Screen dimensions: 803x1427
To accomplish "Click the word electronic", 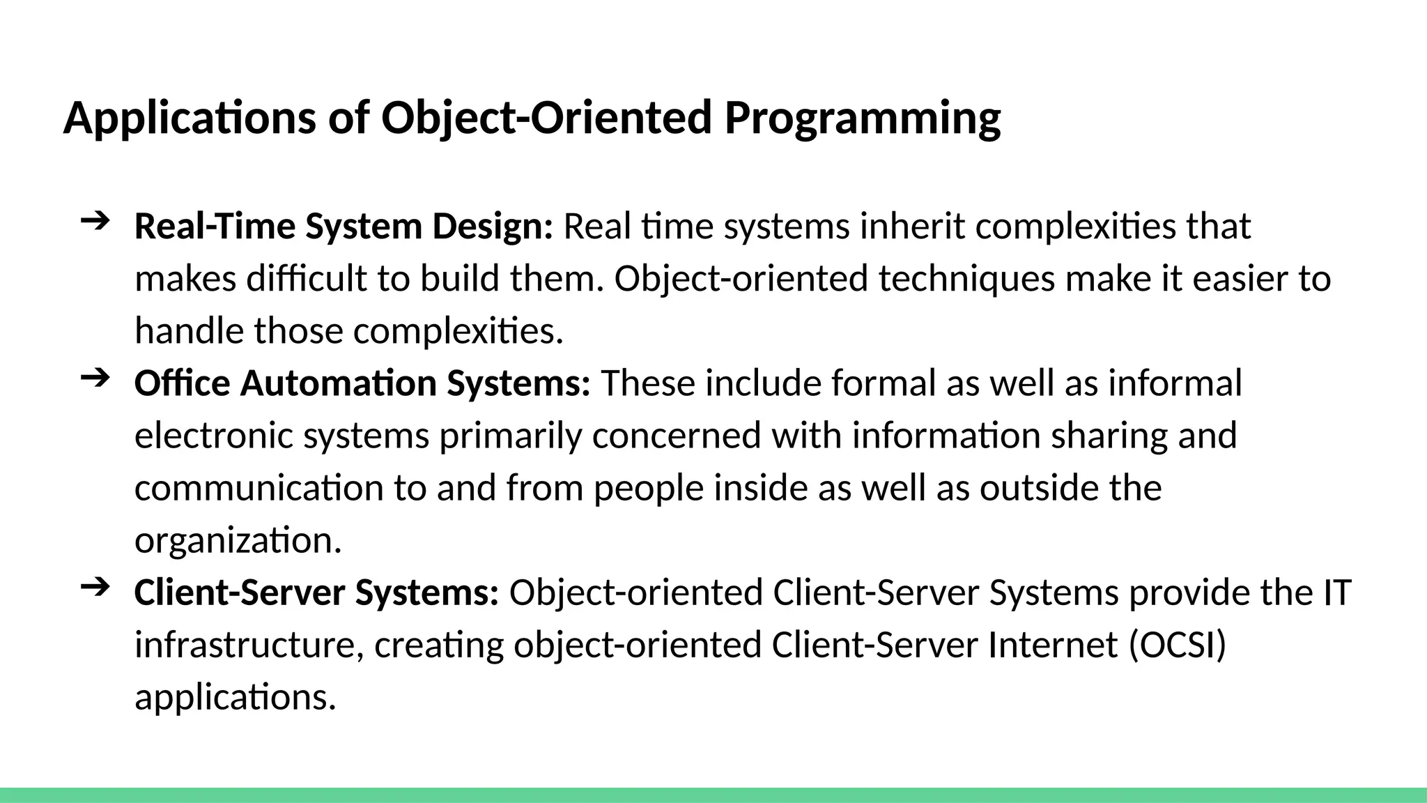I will [213, 436].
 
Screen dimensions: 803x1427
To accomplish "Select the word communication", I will [259, 488].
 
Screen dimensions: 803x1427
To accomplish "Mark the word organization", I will [238, 540].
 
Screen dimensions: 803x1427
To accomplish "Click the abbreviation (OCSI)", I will [1177, 645].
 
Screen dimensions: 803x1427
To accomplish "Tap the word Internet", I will [1053, 645].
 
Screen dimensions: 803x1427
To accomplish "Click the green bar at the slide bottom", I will [713, 795].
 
